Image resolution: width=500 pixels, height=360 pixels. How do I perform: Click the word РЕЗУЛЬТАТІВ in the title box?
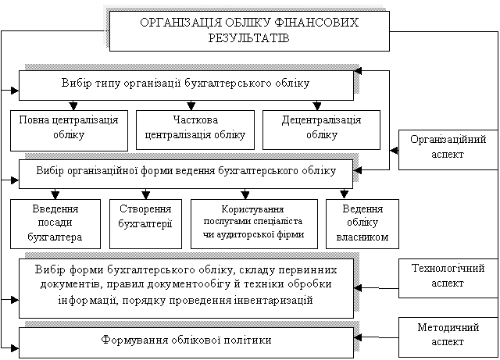(x=248, y=38)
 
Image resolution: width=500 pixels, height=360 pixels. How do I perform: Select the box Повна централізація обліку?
(x=69, y=130)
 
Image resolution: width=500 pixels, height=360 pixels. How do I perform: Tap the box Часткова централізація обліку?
(x=195, y=130)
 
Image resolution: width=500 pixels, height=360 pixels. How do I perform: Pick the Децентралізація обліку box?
(x=321, y=130)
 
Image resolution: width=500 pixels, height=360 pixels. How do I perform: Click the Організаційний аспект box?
(x=448, y=150)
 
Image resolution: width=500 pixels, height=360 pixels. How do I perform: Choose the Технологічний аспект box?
(x=448, y=278)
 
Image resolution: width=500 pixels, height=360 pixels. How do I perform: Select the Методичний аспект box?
(x=448, y=337)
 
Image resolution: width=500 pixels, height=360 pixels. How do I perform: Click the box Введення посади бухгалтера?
(x=55, y=224)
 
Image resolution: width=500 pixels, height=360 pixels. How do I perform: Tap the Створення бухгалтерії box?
(x=146, y=224)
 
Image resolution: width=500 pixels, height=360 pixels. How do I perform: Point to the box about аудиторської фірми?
(x=254, y=224)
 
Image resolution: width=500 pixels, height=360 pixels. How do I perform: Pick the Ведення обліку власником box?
(x=362, y=224)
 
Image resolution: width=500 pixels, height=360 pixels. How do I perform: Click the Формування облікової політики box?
(x=186, y=342)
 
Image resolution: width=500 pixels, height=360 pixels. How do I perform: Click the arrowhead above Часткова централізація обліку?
(x=191, y=105)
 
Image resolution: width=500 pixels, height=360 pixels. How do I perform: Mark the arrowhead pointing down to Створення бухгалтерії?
(x=146, y=194)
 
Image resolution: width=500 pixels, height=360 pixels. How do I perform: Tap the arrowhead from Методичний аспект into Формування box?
(x=358, y=337)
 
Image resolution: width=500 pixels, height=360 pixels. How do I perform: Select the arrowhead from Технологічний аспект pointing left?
(x=358, y=288)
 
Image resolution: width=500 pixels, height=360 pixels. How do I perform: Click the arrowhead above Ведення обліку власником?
(x=344, y=194)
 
